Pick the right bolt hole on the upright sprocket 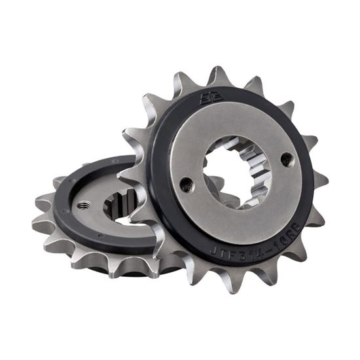[x=287, y=158]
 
